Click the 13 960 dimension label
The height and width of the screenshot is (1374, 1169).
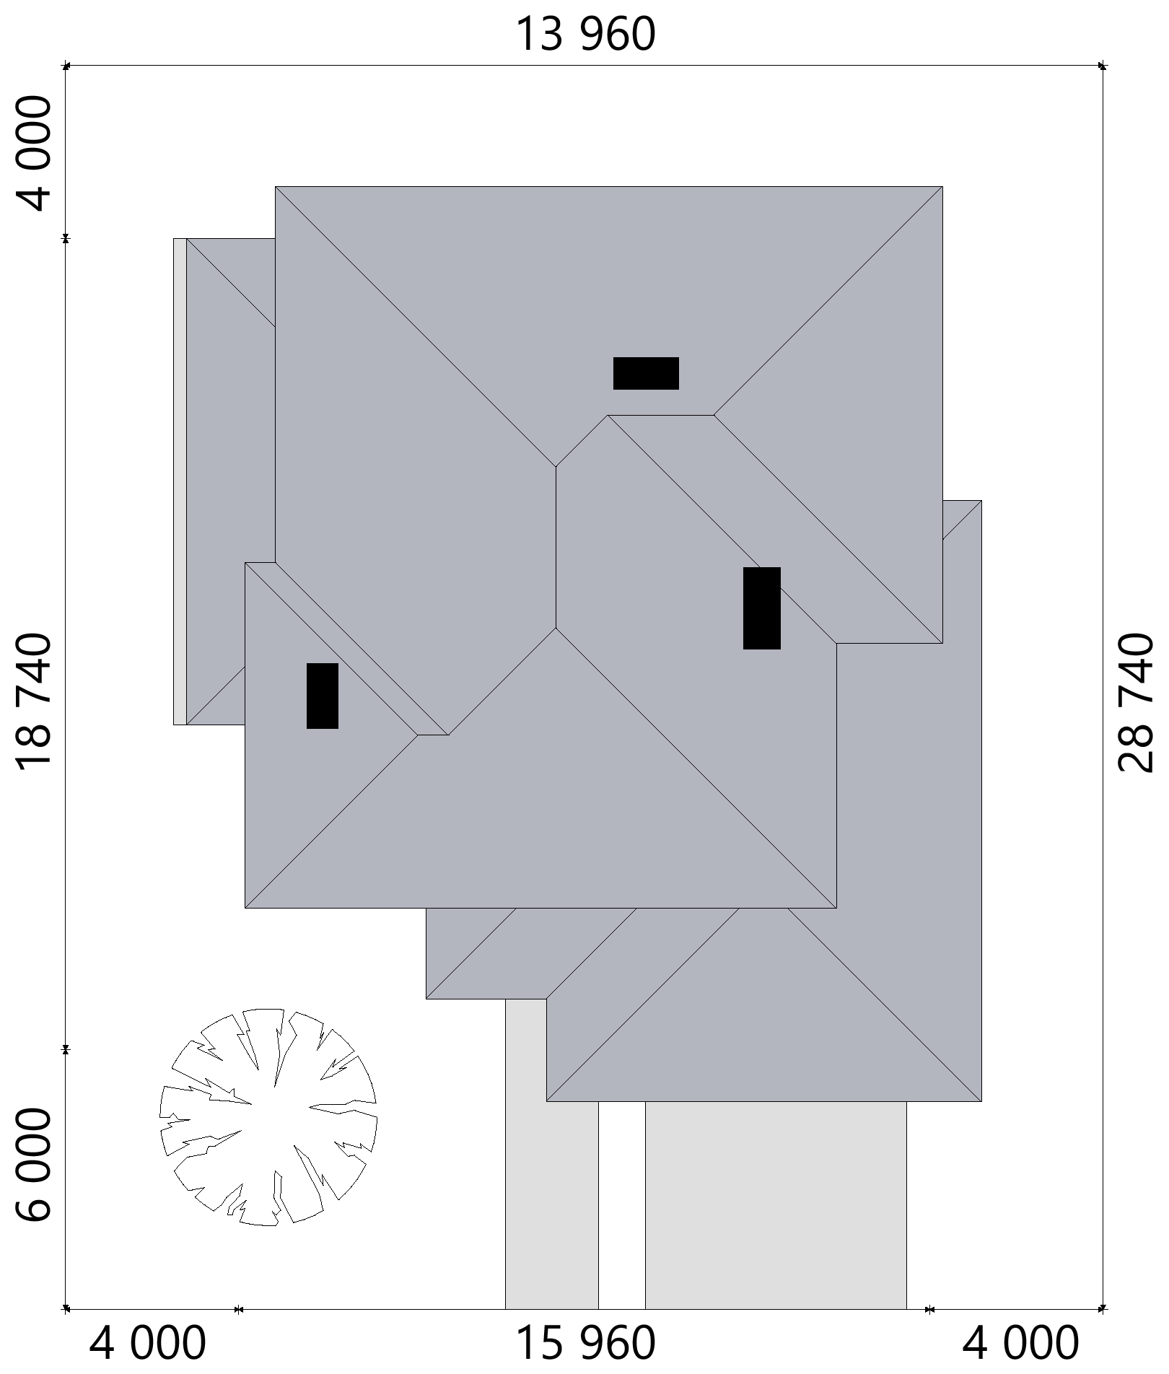[x=585, y=35]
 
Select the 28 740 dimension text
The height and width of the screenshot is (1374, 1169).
[x=1136, y=703]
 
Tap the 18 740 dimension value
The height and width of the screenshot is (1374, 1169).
[x=35, y=703]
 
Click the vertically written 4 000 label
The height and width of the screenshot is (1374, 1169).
[x=35, y=154]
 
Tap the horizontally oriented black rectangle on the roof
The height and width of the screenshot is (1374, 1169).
[x=646, y=373]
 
